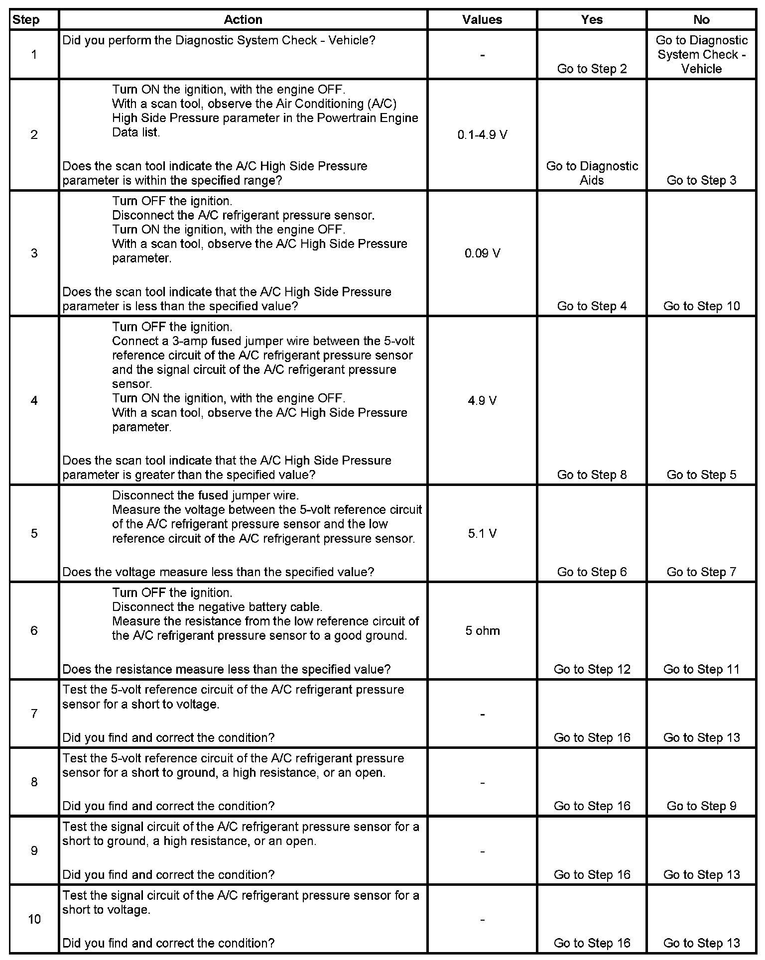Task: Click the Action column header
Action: click(243, 20)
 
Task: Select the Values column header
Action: click(482, 20)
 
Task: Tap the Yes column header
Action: click(592, 20)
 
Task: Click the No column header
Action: click(701, 20)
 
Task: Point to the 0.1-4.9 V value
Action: click(482, 135)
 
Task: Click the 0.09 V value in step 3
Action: click(482, 253)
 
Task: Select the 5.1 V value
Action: click(482, 534)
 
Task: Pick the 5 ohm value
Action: click(482, 631)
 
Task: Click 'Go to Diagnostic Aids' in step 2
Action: click(592, 173)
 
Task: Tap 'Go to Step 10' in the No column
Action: click(701, 306)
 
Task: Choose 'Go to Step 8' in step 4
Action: click(592, 475)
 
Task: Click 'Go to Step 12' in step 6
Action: click(592, 669)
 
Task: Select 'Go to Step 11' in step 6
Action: click(701, 669)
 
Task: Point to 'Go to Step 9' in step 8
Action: click(701, 806)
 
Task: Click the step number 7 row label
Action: click(34, 714)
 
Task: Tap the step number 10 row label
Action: click(34, 919)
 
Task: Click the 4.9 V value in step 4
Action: click(482, 401)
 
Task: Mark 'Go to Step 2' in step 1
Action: click(592, 69)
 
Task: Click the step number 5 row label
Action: click(34, 534)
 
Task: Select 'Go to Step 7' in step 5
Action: click(701, 572)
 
